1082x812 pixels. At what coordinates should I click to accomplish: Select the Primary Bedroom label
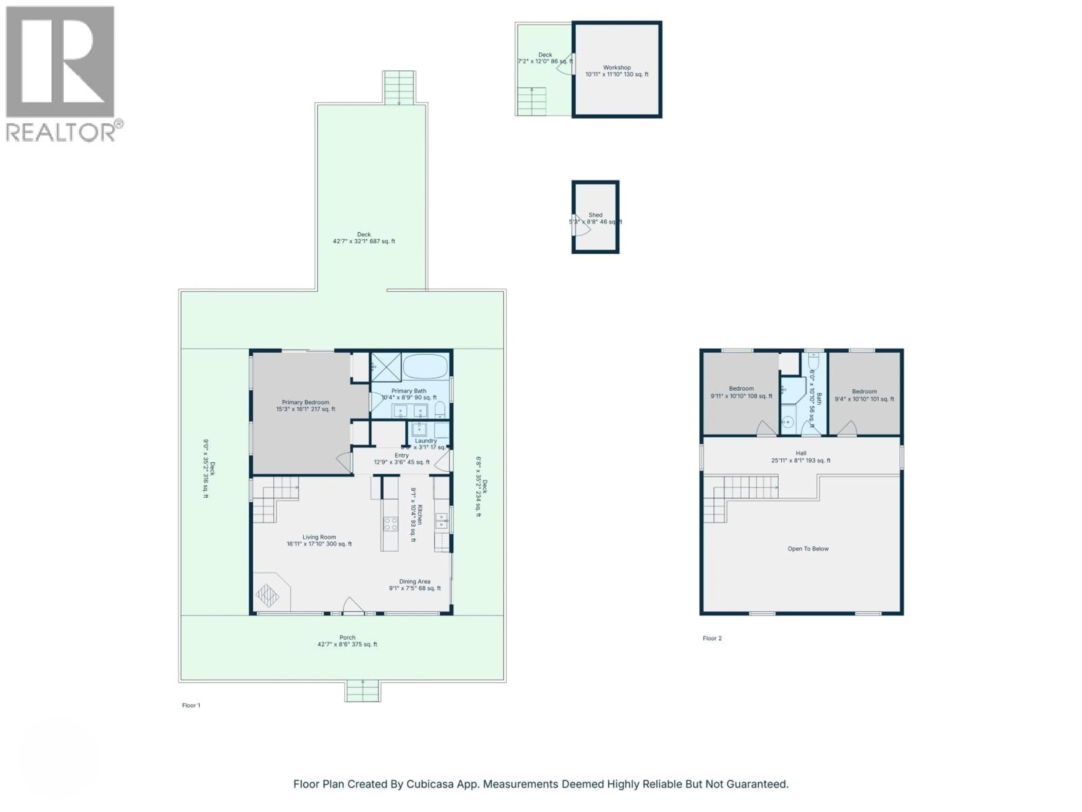click(x=305, y=402)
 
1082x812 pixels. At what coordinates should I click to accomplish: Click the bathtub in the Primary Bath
click(x=425, y=366)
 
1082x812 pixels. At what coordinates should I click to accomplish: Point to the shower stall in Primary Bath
click(x=386, y=367)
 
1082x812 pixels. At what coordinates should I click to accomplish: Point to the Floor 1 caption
click(x=191, y=705)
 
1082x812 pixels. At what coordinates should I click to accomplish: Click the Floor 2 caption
click(x=712, y=638)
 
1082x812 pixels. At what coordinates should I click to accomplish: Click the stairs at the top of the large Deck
click(x=399, y=88)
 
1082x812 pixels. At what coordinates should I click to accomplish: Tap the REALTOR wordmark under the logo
click(x=61, y=132)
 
